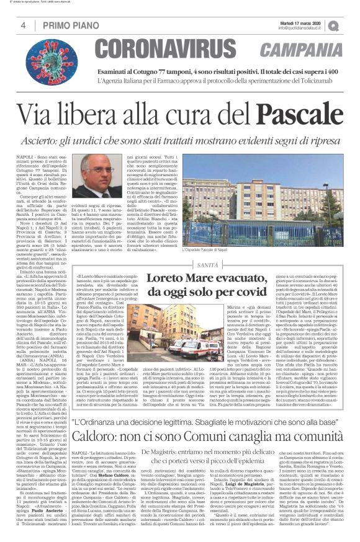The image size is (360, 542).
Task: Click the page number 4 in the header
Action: click(23, 25)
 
